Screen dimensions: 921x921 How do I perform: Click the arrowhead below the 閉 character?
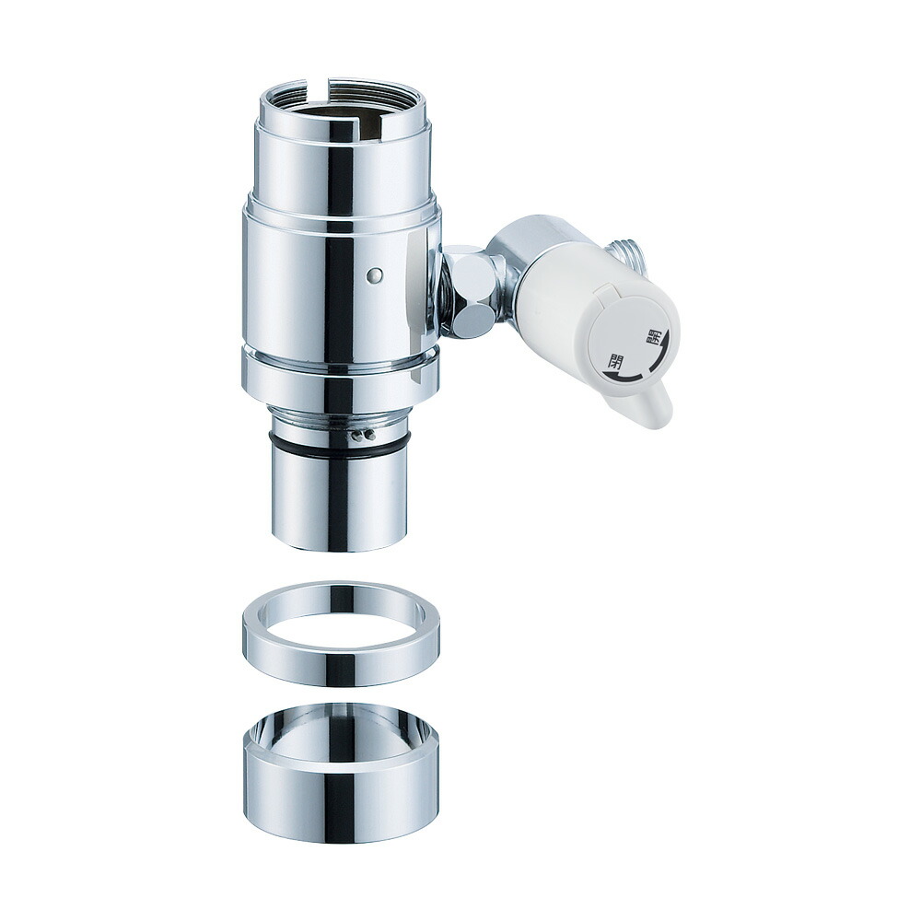(612, 377)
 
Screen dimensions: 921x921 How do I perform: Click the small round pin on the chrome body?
(375, 274)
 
